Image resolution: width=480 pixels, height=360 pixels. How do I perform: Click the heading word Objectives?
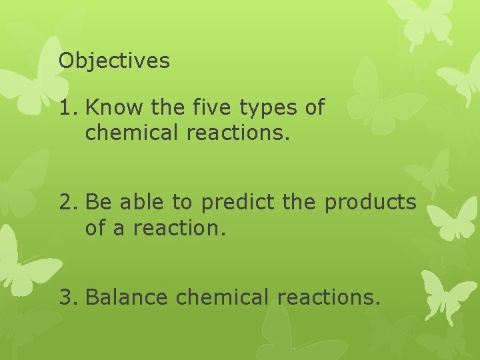coord(114,61)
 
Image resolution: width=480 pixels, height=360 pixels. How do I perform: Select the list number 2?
coord(68,202)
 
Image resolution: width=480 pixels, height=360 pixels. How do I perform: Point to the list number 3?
coord(68,297)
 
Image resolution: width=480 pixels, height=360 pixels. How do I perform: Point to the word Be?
coord(97,202)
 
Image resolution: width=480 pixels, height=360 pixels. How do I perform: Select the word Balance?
coord(127,297)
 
